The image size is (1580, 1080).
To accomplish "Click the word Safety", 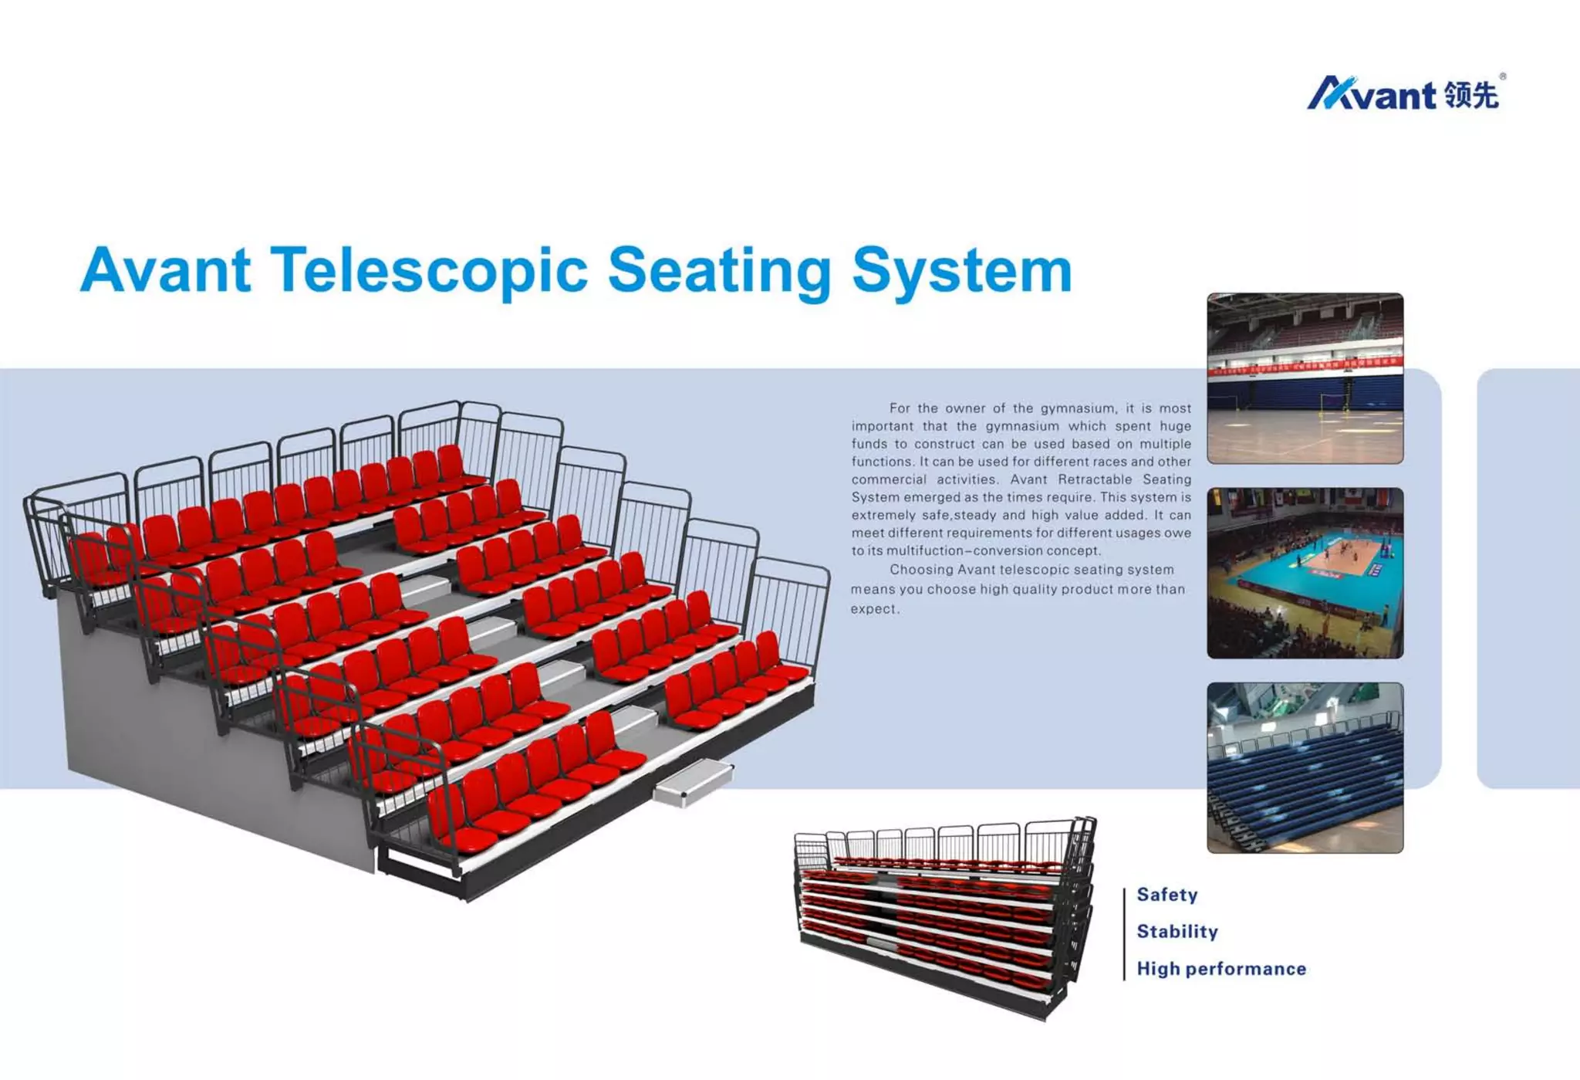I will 1166,895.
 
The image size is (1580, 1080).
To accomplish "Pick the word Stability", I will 1177,932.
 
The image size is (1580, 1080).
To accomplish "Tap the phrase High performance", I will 1220,969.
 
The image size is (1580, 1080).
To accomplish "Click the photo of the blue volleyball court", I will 1305,573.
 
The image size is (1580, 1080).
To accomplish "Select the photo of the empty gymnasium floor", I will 1305,378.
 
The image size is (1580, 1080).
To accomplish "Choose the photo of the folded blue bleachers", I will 1305,767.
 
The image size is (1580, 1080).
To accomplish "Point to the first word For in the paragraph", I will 899,408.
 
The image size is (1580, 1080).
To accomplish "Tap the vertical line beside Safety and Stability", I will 1124,933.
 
